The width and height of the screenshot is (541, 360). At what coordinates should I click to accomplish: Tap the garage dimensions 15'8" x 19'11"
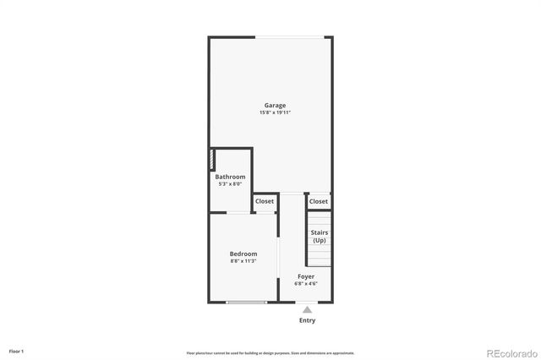coord(275,112)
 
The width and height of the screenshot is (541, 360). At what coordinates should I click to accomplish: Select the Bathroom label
coord(229,177)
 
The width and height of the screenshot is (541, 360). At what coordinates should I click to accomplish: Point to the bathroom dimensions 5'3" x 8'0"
coord(229,183)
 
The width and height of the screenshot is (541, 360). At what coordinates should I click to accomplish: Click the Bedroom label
coord(243,254)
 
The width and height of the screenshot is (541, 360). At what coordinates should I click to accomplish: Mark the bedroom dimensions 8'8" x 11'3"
coord(243,261)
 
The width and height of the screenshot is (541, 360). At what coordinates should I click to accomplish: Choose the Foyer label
coord(306,276)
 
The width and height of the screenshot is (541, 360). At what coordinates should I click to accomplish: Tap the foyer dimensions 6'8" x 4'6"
coord(306,284)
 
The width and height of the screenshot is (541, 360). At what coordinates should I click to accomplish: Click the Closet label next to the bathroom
coord(265,201)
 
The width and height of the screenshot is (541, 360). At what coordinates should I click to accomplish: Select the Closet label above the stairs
coord(319,201)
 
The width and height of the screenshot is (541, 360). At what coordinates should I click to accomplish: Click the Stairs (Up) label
coord(320,237)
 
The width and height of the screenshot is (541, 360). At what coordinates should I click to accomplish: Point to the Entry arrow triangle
coord(307,309)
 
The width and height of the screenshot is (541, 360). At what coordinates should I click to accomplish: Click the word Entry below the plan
coord(307,320)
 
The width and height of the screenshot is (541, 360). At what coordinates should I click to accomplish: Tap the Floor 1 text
coord(16,351)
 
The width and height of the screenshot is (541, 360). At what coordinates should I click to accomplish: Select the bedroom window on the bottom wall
coord(247,302)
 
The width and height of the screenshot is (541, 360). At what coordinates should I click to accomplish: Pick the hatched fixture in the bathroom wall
coord(213,161)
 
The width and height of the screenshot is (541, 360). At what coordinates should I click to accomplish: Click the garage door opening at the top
coord(290,36)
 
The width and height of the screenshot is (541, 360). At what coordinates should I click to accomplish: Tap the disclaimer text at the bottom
coord(270,353)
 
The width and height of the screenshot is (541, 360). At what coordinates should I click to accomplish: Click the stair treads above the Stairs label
coord(320,218)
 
